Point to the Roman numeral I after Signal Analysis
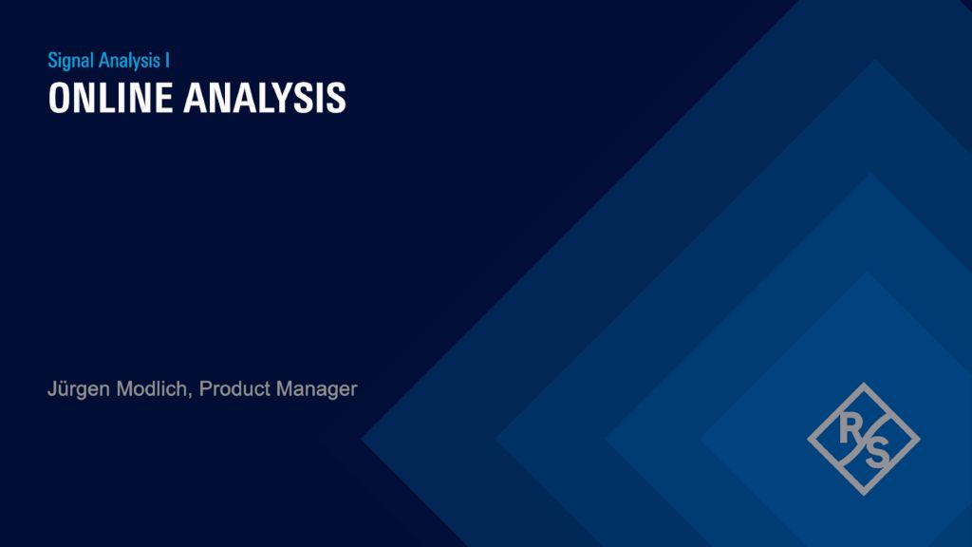[168, 60]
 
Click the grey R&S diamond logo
[863, 438]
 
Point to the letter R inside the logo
[848, 428]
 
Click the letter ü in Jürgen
[62, 389]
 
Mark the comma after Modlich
[195, 394]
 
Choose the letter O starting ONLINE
[59, 99]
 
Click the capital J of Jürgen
[52, 388]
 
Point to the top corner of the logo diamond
[863, 384]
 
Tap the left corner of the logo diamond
[809, 438]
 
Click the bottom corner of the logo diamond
[863, 493]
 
